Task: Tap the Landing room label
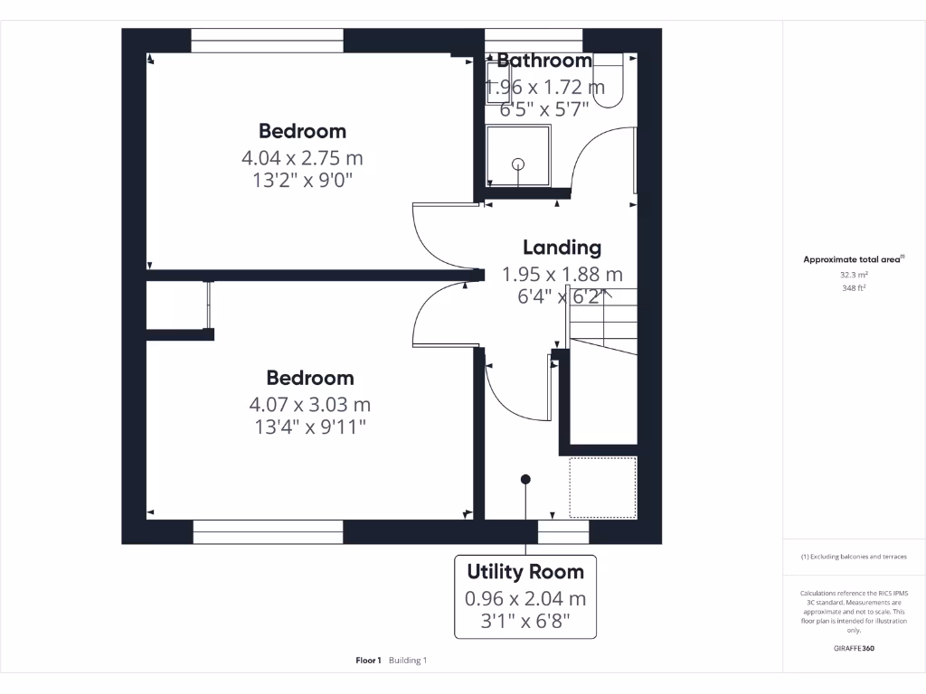(x=562, y=247)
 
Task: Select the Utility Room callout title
(x=525, y=571)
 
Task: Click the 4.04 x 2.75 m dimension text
(x=302, y=157)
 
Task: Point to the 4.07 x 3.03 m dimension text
(x=309, y=404)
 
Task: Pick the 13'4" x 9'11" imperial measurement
(x=309, y=427)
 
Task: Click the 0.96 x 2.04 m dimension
(x=525, y=598)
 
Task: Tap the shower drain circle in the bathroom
(x=518, y=164)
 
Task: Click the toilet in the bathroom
(x=610, y=80)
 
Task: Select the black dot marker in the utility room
(x=525, y=479)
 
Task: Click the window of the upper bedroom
(x=267, y=41)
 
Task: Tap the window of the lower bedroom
(x=268, y=531)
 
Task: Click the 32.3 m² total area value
(x=853, y=276)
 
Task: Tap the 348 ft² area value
(x=853, y=289)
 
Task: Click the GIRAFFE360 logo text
(x=854, y=648)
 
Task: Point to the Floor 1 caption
(x=368, y=661)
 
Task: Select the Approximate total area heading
(x=852, y=259)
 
